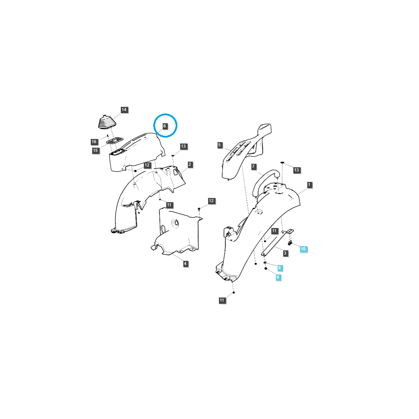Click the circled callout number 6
pyautogui.click(x=165, y=126)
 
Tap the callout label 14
pyautogui.click(x=124, y=110)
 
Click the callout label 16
pyautogui.click(x=94, y=142)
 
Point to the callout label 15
pyautogui.click(x=96, y=150)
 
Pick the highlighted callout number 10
pyautogui.click(x=303, y=249)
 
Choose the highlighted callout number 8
pyautogui.click(x=279, y=268)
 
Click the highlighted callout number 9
pyautogui.click(x=278, y=277)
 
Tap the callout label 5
pyautogui.click(x=220, y=145)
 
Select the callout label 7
pyautogui.click(x=253, y=167)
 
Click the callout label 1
pyautogui.click(x=309, y=184)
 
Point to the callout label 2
pyautogui.click(x=190, y=164)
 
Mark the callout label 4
pyautogui.click(x=185, y=264)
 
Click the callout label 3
pyautogui.click(x=285, y=253)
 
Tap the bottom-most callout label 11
pyautogui.click(x=222, y=300)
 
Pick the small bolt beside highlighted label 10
pyautogui.click(x=290, y=243)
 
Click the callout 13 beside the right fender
pyautogui.click(x=296, y=170)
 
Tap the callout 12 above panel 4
pyautogui.click(x=211, y=201)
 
